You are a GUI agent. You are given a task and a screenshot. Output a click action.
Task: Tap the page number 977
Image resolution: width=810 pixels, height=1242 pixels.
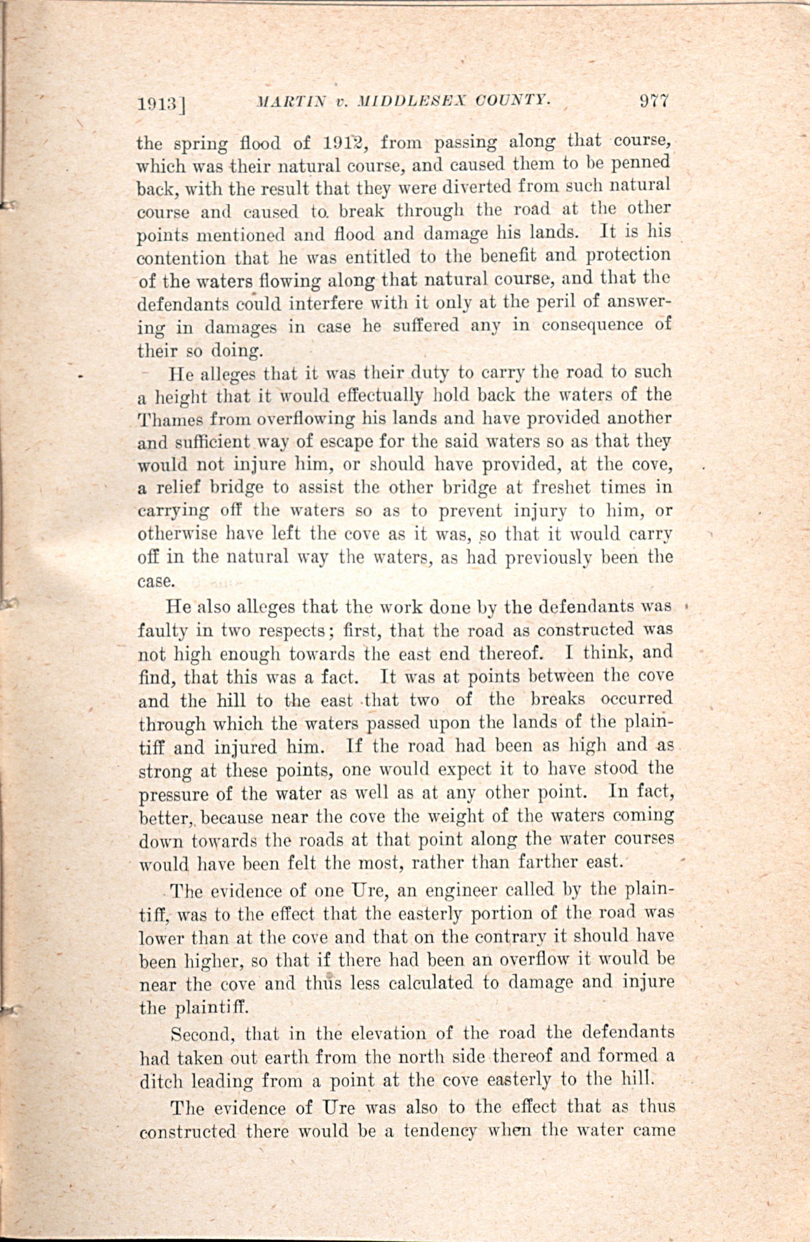[654, 100]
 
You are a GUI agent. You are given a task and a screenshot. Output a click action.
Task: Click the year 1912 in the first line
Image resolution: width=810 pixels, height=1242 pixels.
[343, 142]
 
